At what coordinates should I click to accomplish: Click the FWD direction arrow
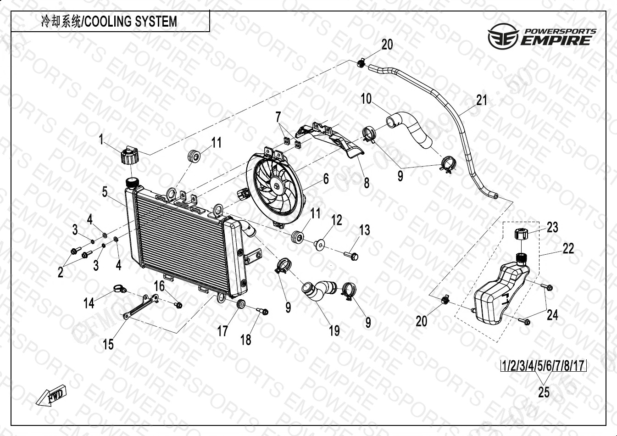point(52,396)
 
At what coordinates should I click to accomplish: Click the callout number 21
point(481,100)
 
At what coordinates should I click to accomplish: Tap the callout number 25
point(544,392)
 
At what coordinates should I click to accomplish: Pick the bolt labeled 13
point(351,254)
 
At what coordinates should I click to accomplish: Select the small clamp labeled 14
point(118,289)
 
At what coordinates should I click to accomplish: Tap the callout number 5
point(105,192)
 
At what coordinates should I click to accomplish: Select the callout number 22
point(568,249)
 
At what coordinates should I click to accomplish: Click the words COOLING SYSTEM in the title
point(131,22)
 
